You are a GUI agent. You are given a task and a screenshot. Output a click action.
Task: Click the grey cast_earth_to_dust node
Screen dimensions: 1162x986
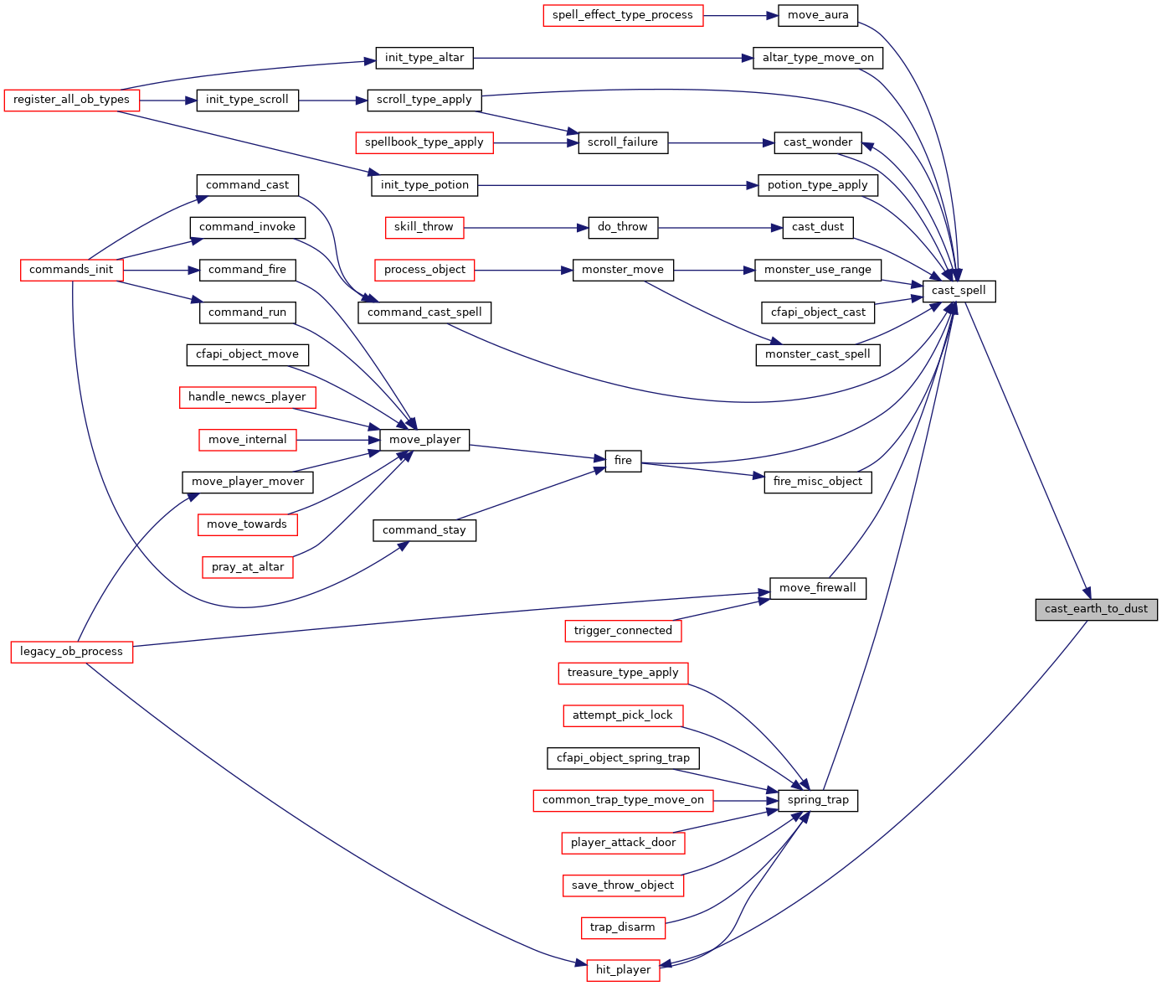[1095, 609]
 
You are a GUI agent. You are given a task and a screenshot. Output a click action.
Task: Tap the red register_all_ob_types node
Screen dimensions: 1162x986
[71, 101]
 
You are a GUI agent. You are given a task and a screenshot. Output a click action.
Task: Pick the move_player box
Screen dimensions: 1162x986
[424, 439]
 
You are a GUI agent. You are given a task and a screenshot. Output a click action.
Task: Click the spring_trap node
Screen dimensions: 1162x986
[817, 800]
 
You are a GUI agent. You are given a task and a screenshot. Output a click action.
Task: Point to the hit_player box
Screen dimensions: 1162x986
[623, 970]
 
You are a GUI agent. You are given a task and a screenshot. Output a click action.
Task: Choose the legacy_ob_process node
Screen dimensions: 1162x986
[71, 652]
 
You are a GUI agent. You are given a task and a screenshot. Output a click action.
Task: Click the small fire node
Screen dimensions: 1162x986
[623, 461]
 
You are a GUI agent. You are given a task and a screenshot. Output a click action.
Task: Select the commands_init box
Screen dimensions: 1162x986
[71, 270]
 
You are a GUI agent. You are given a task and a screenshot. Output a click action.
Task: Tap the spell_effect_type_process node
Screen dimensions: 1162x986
[623, 15]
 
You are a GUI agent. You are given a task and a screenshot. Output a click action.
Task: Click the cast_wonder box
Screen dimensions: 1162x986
[817, 143]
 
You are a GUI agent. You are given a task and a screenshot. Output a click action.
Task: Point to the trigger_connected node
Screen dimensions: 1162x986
[623, 631]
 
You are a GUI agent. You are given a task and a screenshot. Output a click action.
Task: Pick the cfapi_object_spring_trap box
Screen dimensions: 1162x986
[623, 757]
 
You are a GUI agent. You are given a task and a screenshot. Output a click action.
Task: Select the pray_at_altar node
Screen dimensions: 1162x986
[247, 567]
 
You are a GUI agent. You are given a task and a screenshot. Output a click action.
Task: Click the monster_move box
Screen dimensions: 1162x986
[623, 270]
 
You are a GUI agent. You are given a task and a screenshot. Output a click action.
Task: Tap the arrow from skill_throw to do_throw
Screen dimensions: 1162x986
[527, 228]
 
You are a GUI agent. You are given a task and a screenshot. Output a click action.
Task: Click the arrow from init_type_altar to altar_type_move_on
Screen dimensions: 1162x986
[613, 58]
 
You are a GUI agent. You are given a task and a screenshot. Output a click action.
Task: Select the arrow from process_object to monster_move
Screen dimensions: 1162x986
[523, 271]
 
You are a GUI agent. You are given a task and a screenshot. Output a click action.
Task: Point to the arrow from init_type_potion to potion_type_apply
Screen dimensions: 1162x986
[618, 186]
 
